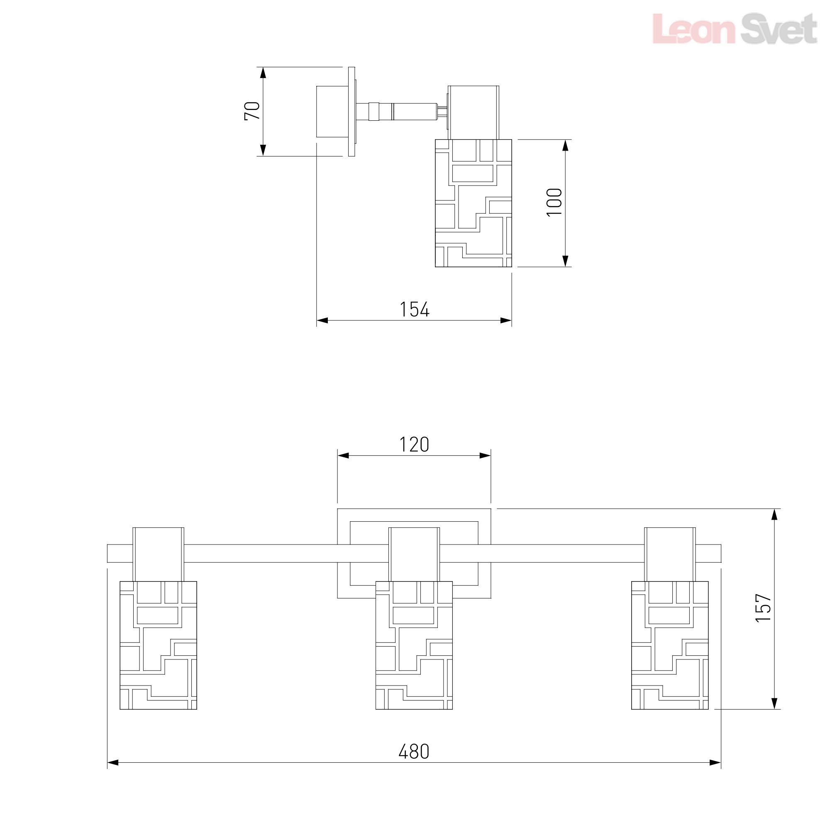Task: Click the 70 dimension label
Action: pos(252,111)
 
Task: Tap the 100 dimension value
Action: pos(554,203)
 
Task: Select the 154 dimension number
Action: pos(415,309)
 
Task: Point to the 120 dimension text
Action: pos(414,444)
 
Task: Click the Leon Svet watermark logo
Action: pos(735,28)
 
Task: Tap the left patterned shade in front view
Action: pos(158,645)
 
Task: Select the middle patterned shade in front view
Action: pos(414,645)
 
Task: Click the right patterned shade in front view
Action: pos(670,645)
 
